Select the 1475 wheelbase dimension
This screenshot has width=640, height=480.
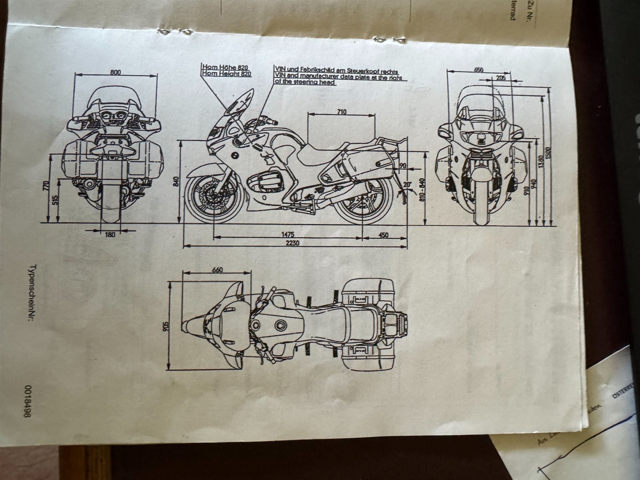288,234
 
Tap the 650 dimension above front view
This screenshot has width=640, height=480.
479,70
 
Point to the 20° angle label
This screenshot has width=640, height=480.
407,184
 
